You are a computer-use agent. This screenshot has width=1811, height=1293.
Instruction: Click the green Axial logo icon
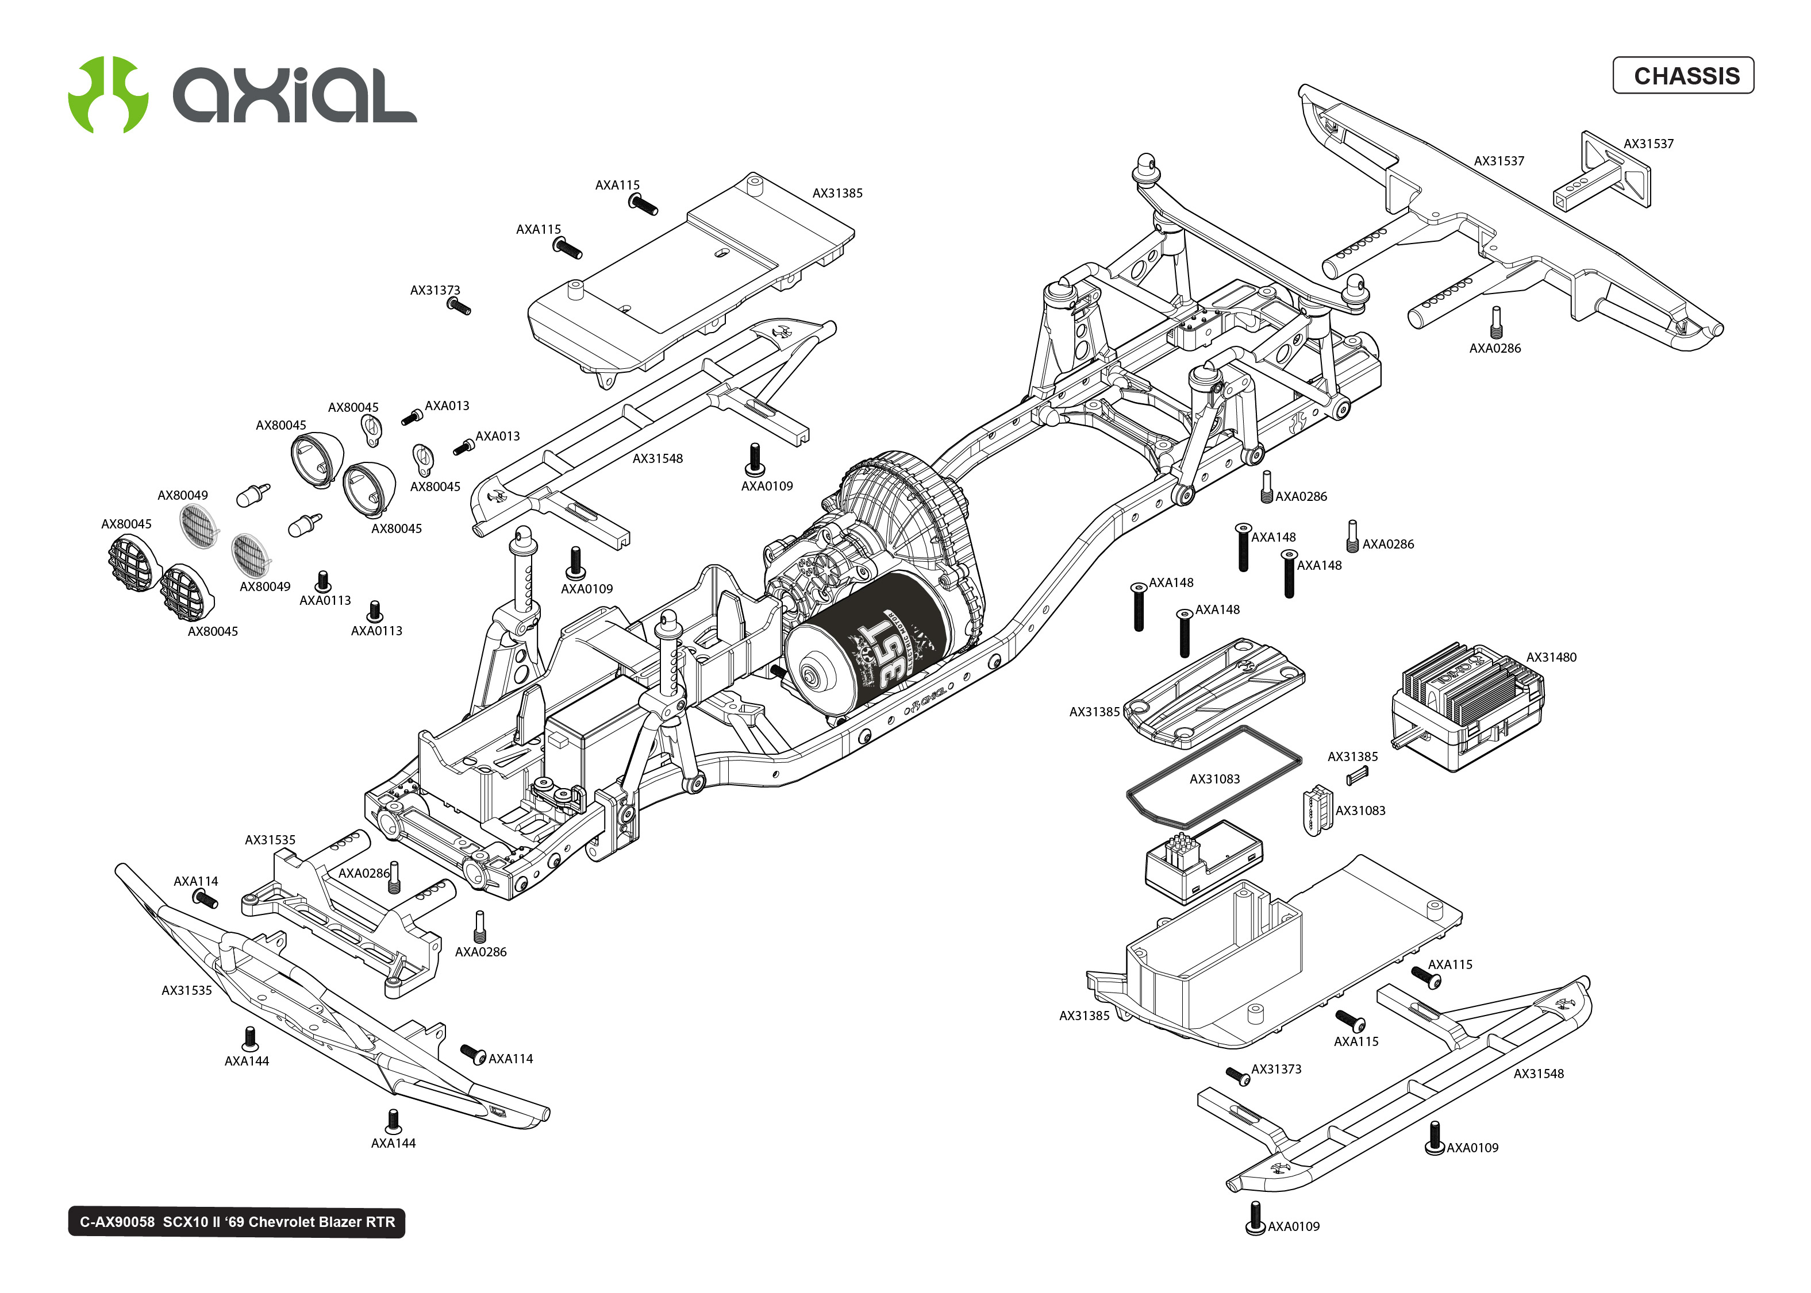[107, 95]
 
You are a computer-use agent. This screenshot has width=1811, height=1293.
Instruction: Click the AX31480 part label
[1550, 657]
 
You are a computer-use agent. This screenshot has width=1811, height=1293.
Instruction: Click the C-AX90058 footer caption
[237, 1222]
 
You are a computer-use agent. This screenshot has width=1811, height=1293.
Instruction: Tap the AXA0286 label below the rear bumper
[1494, 348]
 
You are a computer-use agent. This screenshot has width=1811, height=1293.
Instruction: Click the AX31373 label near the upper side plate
[435, 291]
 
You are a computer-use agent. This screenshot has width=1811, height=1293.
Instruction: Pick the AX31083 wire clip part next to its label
[1317, 810]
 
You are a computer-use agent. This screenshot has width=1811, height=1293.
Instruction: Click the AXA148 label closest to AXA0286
[1319, 565]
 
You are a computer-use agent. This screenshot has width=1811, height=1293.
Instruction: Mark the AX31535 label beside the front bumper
[186, 990]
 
